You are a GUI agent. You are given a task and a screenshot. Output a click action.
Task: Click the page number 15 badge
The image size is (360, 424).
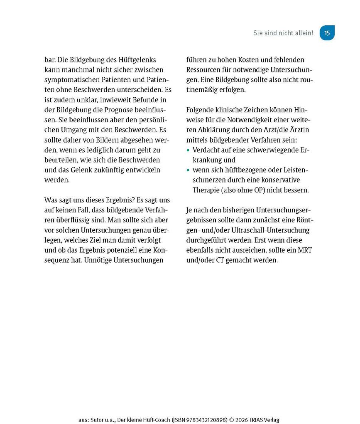pyautogui.click(x=327, y=33)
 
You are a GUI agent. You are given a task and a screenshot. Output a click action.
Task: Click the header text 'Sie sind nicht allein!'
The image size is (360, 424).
pyautogui.click(x=283, y=33)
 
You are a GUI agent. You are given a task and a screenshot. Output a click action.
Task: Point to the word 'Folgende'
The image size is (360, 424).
pyautogui.click(x=202, y=110)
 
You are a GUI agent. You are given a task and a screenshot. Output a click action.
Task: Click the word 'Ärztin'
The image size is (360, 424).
pyautogui.click(x=299, y=130)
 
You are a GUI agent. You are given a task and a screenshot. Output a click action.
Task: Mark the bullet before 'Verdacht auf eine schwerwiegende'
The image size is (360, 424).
pyautogui.click(x=189, y=150)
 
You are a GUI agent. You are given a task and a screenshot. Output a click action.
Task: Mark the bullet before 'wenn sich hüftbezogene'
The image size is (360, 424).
pyautogui.click(x=189, y=170)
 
